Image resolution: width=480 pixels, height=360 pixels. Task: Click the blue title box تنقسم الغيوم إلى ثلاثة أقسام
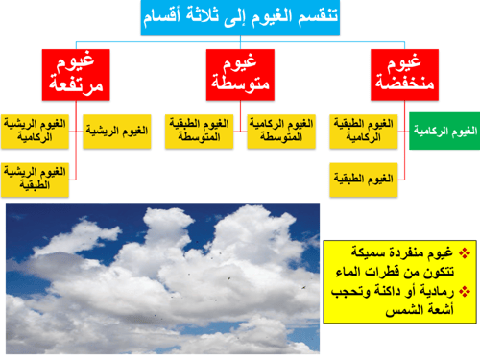(245, 17)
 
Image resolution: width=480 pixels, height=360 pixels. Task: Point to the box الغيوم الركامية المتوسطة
(279, 132)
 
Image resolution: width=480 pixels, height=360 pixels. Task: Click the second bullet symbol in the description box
(465, 290)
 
